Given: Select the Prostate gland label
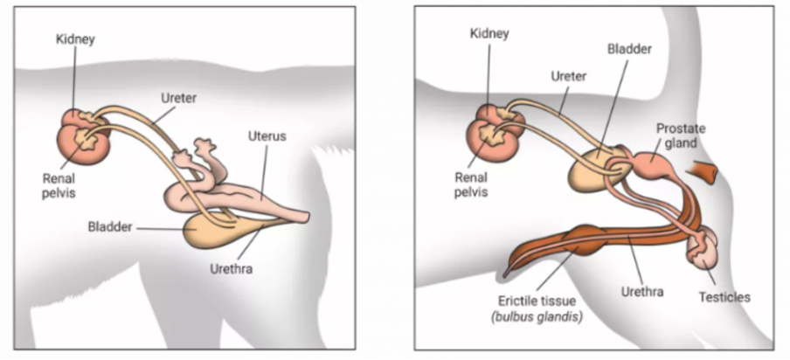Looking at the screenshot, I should [x=681, y=135].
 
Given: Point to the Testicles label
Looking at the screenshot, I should [x=724, y=296].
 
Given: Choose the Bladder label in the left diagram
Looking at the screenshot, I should [x=109, y=227].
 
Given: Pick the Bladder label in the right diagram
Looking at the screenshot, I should [x=629, y=49].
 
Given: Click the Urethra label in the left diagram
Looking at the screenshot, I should [x=232, y=269].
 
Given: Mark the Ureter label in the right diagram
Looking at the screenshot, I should [x=568, y=76].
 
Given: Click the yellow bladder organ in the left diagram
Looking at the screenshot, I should [x=210, y=232].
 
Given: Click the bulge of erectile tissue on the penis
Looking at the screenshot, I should [x=583, y=239].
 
